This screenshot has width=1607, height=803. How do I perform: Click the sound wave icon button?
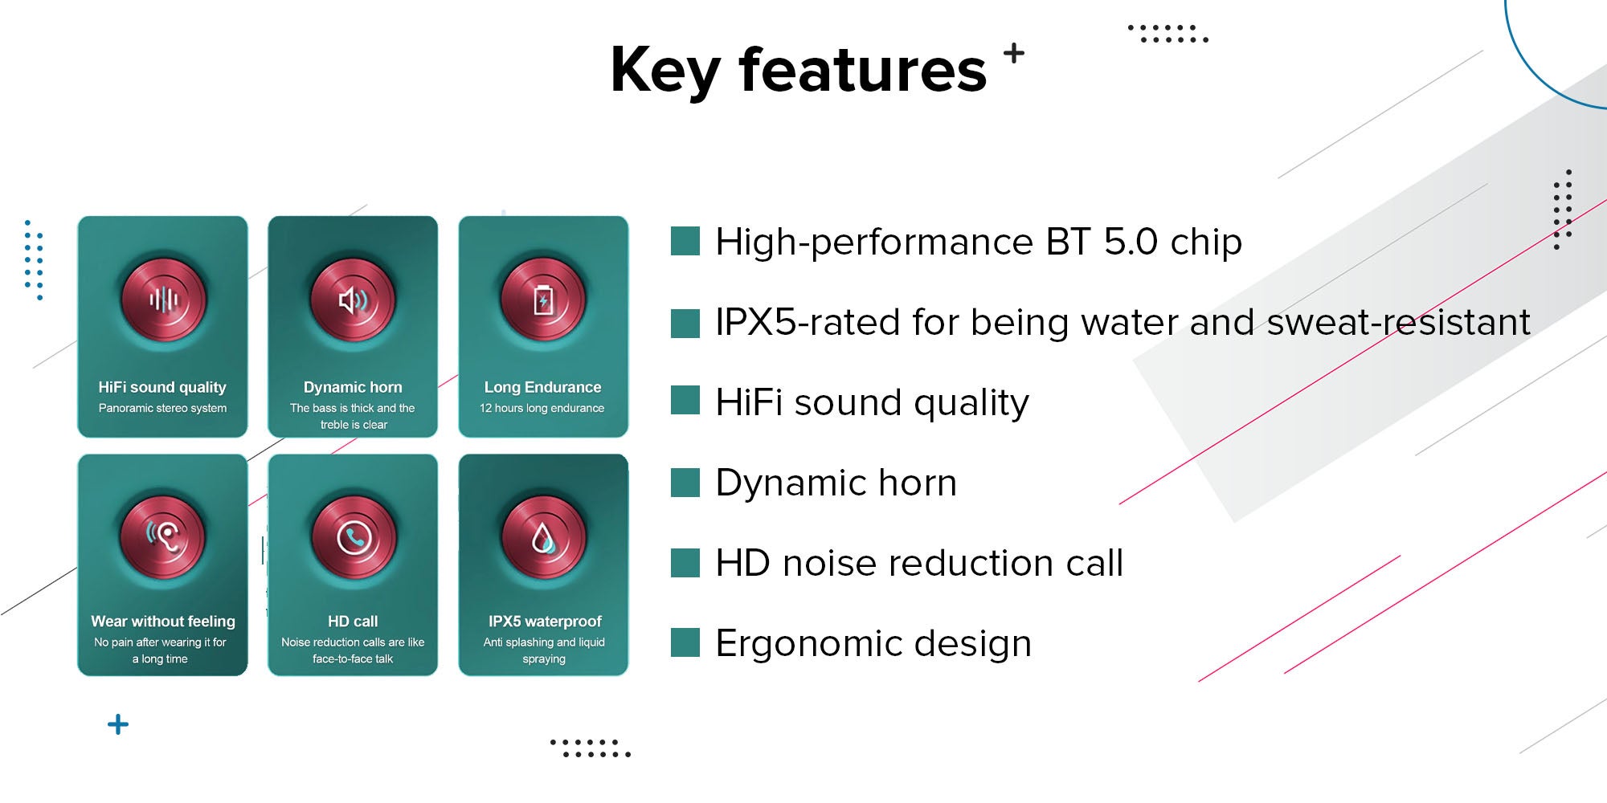[x=163, y=300]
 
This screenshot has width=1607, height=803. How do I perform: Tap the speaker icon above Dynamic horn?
[x=353, y=300]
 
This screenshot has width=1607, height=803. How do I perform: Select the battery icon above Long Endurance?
[x=543, y=300]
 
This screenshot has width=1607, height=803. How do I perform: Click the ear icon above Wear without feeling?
[x=163, y=536]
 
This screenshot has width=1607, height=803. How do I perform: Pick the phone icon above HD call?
[x=354, y=536]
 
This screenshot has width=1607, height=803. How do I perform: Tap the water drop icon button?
[x=544, y=536]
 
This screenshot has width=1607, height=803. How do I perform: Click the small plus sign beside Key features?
[x=1014, y=53]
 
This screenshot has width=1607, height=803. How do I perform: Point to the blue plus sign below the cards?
[x=118, y=724]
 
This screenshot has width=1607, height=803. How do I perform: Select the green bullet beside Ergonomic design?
[x=685, y=642]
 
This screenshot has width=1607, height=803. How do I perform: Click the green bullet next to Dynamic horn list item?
[x=685, y=482]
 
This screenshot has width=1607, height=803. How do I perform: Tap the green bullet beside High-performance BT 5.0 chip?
[x=685, y=241]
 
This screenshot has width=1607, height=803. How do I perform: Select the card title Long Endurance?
[x=543, y=387]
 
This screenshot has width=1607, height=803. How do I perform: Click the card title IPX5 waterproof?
[x=545, y=622]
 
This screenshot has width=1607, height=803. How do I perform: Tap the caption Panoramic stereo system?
[x=162, y=408]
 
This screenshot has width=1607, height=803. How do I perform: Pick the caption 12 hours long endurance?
[x=542, y=408]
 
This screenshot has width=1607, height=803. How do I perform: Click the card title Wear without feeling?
[x=163, y=622]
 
